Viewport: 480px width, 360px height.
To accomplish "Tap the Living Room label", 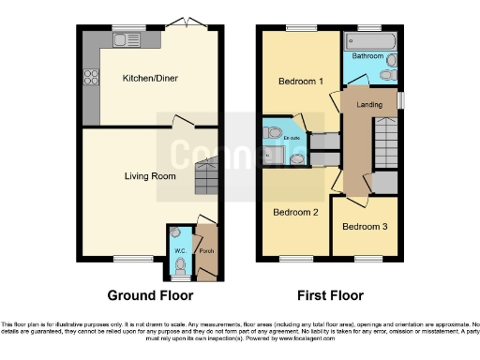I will coord(151,175).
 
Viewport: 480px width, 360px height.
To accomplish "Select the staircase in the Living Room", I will coord(206,175).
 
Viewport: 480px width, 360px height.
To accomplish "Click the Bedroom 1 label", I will coord(300,82).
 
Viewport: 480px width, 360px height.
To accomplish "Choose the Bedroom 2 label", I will coord(295,212).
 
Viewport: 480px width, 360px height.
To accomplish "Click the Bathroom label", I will coord(367,56).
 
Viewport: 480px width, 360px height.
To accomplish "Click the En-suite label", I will coord(292,138).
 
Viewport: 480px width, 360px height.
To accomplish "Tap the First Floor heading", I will coord(330,295).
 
